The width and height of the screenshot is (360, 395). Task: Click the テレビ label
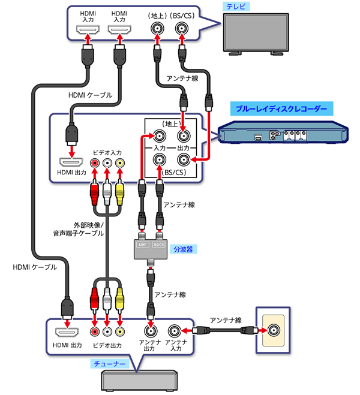point(230,6)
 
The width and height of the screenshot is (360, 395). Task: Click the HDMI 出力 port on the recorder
point(73,162)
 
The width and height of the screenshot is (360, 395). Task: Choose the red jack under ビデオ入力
point(94,162)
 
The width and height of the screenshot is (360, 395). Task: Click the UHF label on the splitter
point(143,245)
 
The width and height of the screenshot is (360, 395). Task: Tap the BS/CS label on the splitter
point(158,245)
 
